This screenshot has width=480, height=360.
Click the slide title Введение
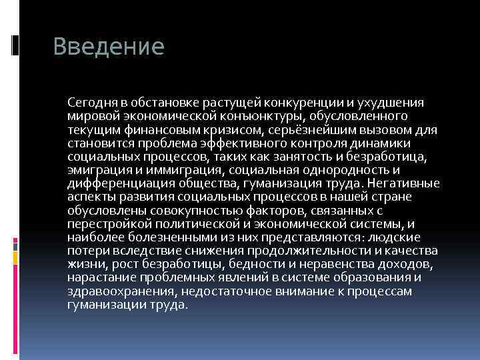pyautogui.click(x=108, y=47)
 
